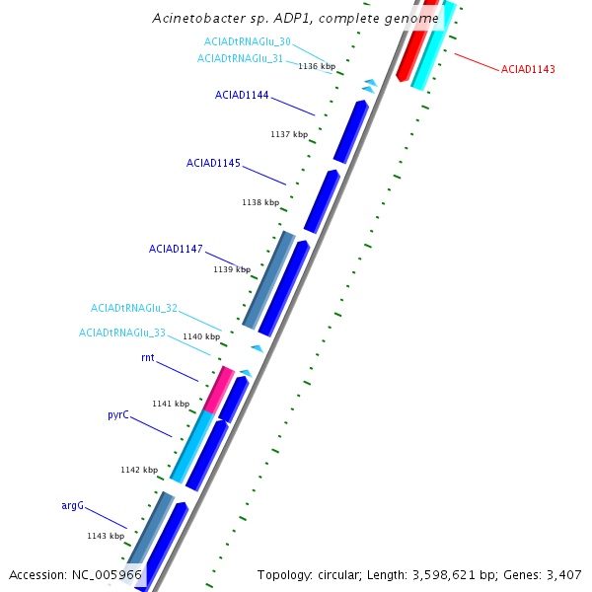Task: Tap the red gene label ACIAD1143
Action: [528, 69]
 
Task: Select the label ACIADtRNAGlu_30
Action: [247, 41]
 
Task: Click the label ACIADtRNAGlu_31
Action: [240, 58]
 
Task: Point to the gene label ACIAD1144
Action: [242, 96]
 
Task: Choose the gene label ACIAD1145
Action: [213, 163]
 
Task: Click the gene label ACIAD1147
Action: [176, 249]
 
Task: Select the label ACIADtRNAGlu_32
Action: [134, 308]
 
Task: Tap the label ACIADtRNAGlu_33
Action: [122, 333]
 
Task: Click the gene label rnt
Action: [148, 358]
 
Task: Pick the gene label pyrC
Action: [118, 415]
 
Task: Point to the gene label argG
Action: [73, 505]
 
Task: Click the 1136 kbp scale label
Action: [317, 66]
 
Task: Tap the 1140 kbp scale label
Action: [202, 336]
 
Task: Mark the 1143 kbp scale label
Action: [106, 536]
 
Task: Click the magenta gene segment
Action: [219, 389]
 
